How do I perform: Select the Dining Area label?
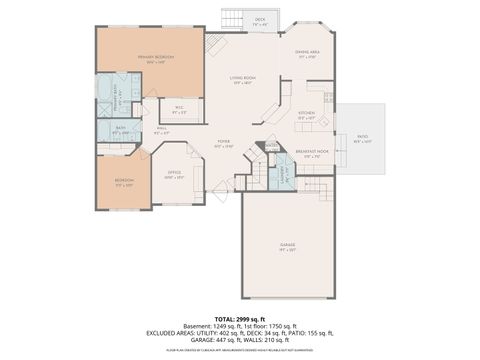[307, 53]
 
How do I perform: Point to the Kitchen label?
[306, 114]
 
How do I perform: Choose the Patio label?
[362, 137]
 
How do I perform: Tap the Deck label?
[260, 20]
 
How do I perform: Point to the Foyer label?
[224, 144]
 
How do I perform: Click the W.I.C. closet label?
[179, 109]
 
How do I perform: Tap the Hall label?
[161, 129]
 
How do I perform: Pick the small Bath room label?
[119, 129]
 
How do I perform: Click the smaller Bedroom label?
[123, 182]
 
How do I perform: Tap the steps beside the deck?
[232, 20]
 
